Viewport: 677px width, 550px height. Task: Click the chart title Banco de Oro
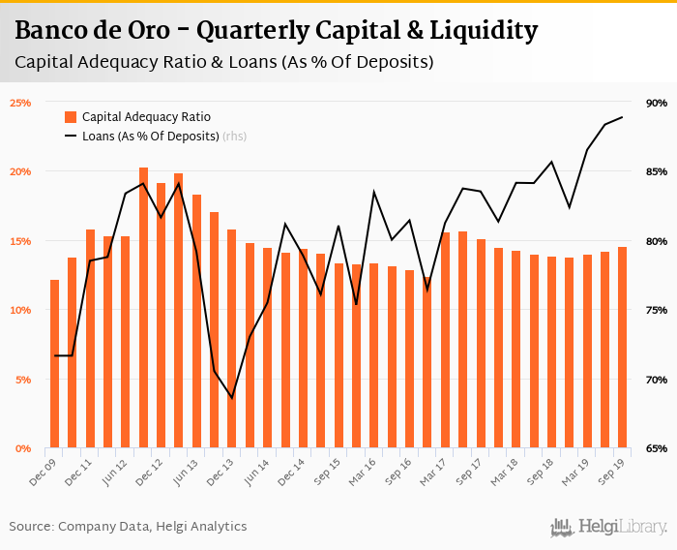(276, 31)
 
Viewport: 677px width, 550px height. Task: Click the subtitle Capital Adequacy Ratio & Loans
(223, 62)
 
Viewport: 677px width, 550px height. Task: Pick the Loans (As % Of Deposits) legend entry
(151, 137)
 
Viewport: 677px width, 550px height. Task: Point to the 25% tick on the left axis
(20, 102)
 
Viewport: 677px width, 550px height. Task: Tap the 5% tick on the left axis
(23, 379)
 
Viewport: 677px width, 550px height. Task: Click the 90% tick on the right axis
(657, 102)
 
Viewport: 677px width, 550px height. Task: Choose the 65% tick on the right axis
(657, 448)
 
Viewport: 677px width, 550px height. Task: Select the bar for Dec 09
(55, 364)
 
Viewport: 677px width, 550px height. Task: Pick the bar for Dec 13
(231, 339)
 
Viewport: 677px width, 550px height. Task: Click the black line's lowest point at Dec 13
(231, 397)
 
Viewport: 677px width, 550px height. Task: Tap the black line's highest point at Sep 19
(622, 117)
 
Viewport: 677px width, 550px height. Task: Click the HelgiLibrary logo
(608, 527)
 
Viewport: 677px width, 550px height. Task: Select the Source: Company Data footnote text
(128, 527)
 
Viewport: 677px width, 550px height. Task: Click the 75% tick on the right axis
(657, 310)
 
